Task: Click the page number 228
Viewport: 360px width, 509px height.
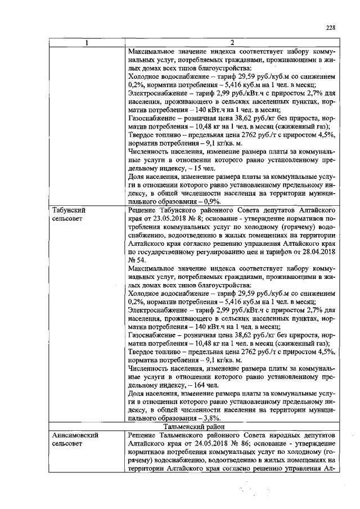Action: [x=331, y=28]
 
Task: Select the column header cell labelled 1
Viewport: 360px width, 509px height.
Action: [x=85, y=43]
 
